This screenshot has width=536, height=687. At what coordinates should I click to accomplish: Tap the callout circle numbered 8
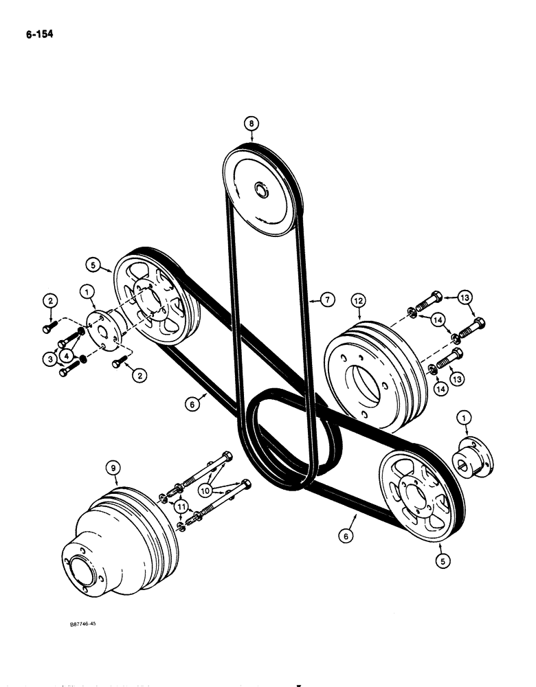pyautogui.click(x=252, y=124)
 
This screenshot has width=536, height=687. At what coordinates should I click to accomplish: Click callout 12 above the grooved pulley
pyautogui.click(x=358, y=300)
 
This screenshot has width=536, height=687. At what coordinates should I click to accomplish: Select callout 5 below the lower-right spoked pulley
pyautogui.click(x=440, y=560)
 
